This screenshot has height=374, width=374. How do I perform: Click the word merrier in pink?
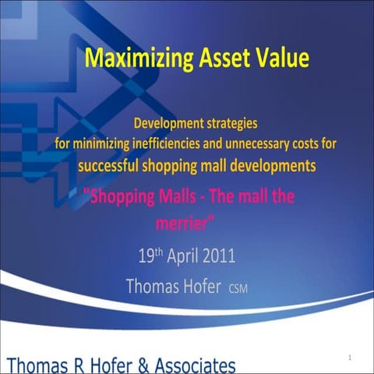pyautogui.click(x=185, y=221)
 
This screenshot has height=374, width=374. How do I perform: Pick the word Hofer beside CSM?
pyautogui.click(x=195, y=286)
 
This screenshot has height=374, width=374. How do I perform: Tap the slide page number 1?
pyautogui.click(x=351, y=357)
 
